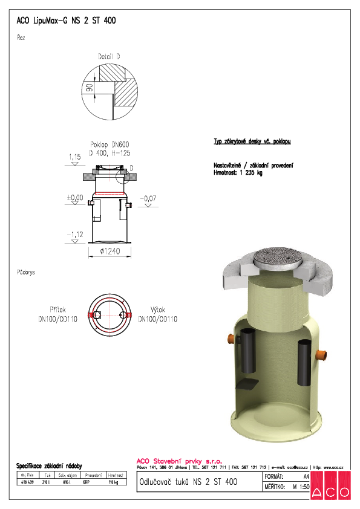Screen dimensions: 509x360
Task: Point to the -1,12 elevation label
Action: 74,234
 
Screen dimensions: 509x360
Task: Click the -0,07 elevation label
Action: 147,198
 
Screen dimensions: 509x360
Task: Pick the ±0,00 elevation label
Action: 74,197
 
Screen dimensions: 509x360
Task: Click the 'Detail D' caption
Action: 108,56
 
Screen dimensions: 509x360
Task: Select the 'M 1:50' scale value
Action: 299,486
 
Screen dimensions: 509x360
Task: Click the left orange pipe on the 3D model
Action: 231,339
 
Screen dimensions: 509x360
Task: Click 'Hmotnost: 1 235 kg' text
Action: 238,173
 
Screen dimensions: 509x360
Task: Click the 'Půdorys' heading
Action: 25,273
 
